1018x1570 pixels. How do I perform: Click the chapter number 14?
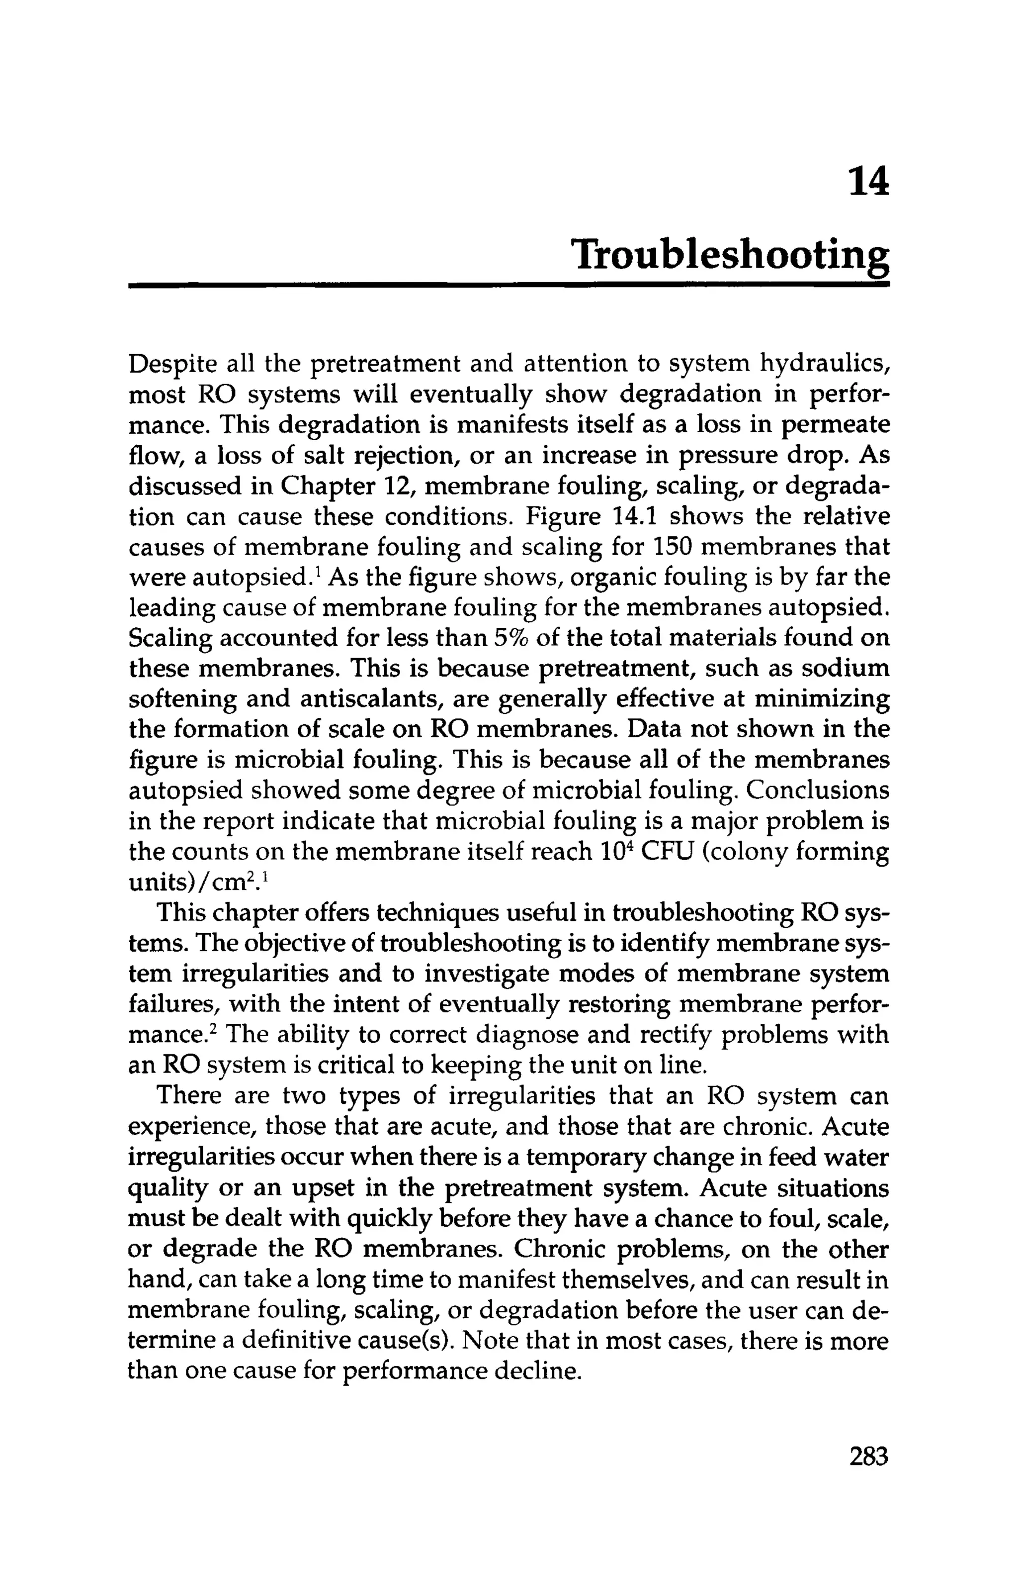[x=868, y=183]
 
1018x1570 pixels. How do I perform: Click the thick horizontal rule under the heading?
[x=509, y=285]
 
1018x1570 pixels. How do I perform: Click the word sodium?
[x=845, y=668]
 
